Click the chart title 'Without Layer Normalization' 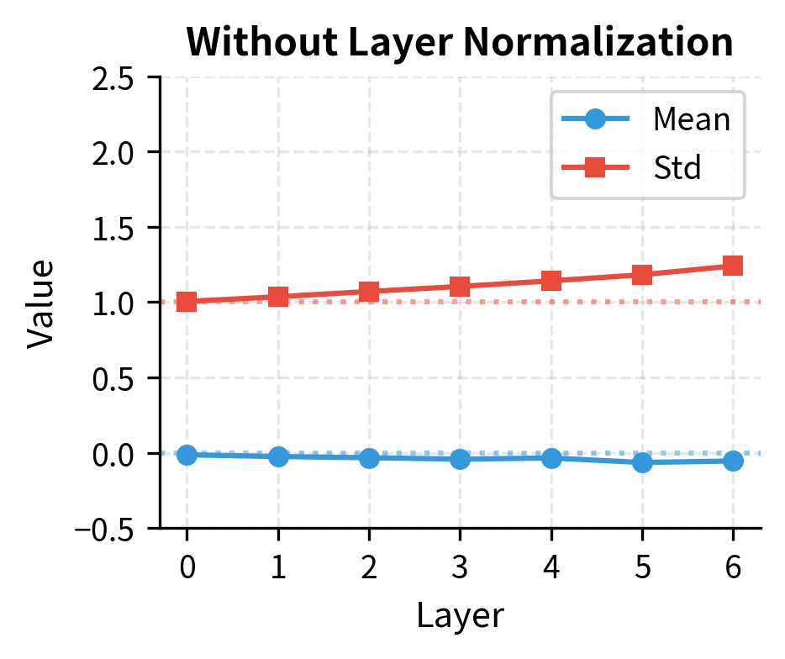pyautogui.click(x=460, y=43)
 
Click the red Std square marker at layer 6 pyautogui.click(x=733, y=266)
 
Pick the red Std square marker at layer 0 pyautogui.click(x=187, y=301)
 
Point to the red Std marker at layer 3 pyautogui.click(x=460, y=287)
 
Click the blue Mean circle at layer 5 pyautogui.click(x=642, y=462)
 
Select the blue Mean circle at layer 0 pyautogui.click(x=187, y=455)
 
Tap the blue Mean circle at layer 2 pyautogui.click(x=369, y=458)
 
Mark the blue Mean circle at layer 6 pyautogui.click(x=733, y=461)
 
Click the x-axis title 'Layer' pyautogui.click(x=460, y=616)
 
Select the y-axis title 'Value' pyautogui.click(x=40, y=303)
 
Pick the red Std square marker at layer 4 pyautogui.click(x=551, y=280)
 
